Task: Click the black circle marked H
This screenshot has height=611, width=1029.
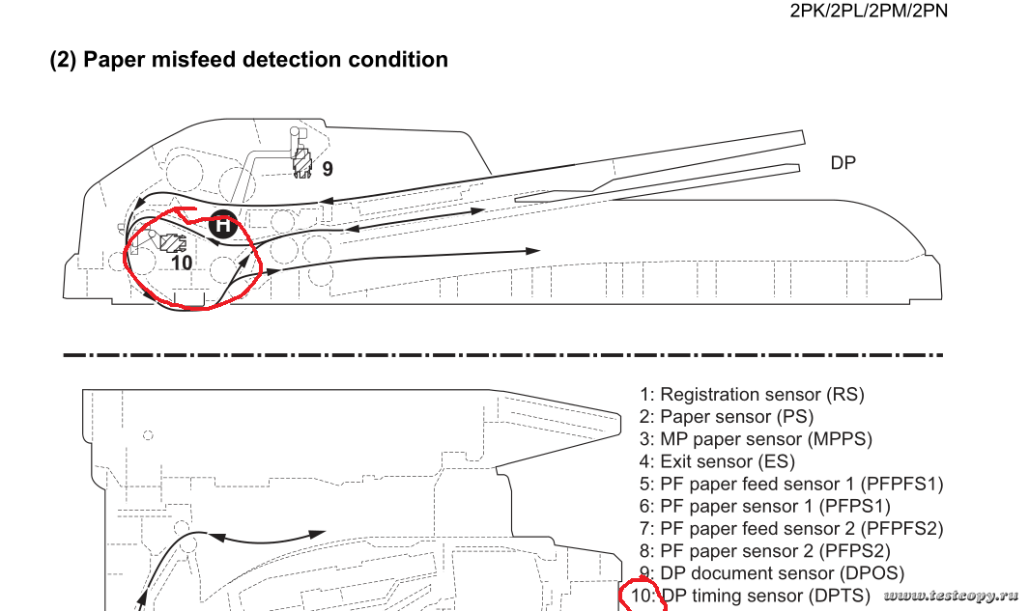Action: point(222,225)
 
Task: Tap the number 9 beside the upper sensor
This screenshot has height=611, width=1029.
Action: point(328,169)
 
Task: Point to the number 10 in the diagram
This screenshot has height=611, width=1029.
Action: point(181,261)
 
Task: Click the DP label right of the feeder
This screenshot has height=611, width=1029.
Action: point(843,163)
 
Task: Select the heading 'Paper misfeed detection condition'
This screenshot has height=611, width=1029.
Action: point(248,60)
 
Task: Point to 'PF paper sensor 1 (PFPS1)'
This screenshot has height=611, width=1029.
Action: point(775,506)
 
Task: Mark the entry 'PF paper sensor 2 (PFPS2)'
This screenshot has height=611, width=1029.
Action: point(775,550)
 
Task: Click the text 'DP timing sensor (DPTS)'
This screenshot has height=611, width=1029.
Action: point(765,596)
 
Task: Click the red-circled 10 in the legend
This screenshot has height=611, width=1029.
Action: point(643,596)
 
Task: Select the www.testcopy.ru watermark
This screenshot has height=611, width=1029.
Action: point(952,596)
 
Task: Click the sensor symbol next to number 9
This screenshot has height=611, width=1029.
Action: point(301,161)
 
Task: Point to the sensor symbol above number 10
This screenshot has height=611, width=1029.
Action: point(172,242)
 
